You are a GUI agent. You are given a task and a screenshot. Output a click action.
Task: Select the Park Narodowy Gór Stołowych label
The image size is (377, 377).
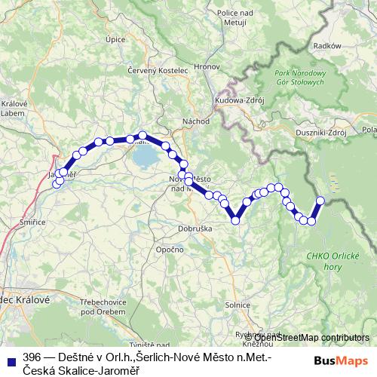(x=299, y=81)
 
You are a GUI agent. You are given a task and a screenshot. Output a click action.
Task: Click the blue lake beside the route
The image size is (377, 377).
(x=145, y=158)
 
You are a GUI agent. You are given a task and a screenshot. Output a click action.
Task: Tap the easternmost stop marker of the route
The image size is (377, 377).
(x=320, y=201)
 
